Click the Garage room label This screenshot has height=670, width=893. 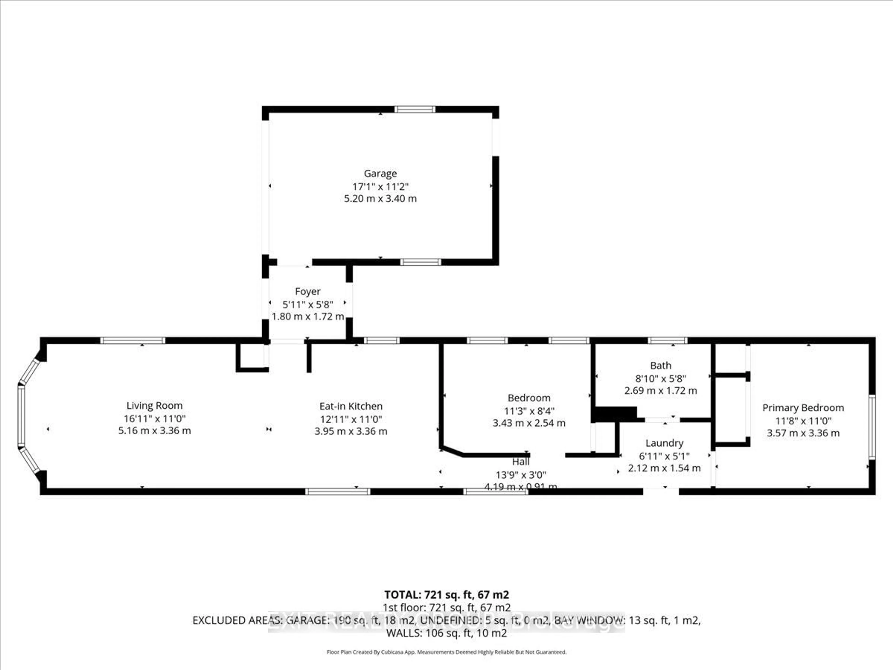[x=380, y=173]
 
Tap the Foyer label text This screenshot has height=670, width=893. [x=308, y=291]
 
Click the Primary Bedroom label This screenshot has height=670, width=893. [x=803, y=408]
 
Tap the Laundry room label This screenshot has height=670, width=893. [x=664, y=443]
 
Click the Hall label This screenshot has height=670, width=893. [x=521, y=462]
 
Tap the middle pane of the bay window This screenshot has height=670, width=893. [x=21, y=416]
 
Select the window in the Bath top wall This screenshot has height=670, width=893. [x=667, y=340]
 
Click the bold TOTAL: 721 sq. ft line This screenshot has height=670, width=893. [x=446, y=594]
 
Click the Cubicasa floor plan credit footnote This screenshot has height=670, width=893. [x=446, y=652]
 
